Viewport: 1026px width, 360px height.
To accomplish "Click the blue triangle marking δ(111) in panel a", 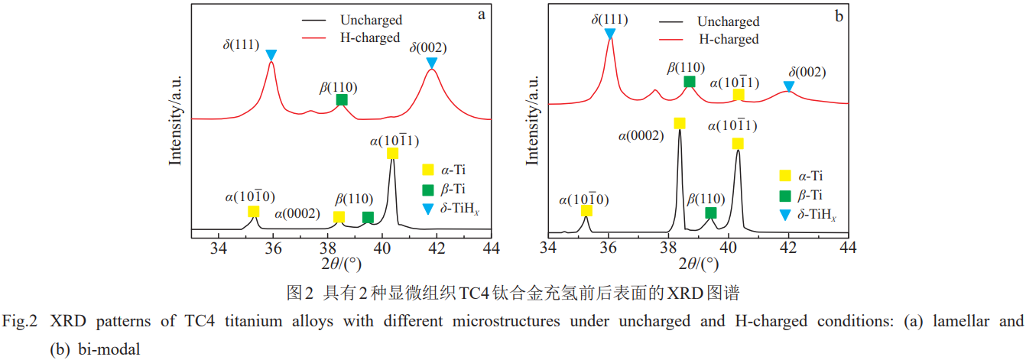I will click(x=271, y=55).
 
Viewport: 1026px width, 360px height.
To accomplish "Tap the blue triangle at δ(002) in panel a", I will click(x=432, y=62).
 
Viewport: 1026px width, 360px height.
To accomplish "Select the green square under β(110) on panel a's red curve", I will click(x=342, y=99).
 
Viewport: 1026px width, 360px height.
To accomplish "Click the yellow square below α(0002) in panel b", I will click(x=679, y=123).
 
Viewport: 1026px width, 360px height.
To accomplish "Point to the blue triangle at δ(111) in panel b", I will click(x=609, y=34).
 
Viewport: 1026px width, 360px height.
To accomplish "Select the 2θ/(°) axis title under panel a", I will click(x=340, y=264).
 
